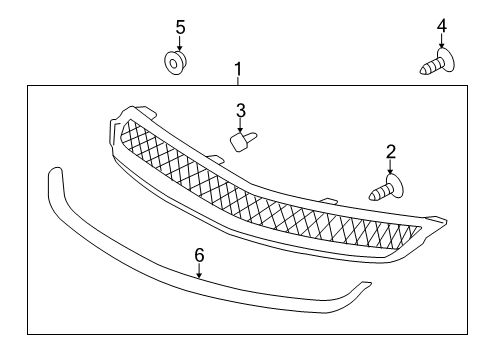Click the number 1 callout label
[x=238, y=69]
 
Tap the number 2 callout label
[x=391, y=152]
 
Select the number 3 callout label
[x=241, y=109]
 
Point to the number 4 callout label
[x=441, y=26]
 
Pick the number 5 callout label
[x=180, y=26]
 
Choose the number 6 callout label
[x=199, y=256]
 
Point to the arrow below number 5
[x=180, y=44]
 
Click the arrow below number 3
[x=241, y=124]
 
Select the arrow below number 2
[x=390, y=169]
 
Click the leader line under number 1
[x=238, y=81]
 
